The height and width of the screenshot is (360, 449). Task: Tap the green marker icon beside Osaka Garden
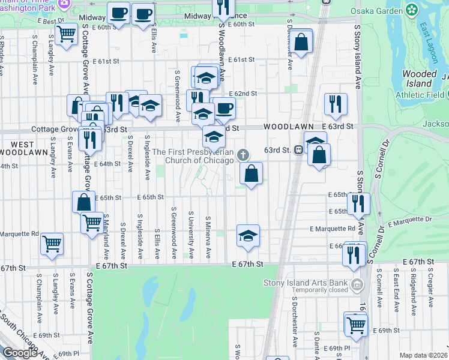(412, 10)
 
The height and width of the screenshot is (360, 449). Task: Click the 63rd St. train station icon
(298, 151)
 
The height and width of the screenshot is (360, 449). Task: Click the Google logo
(20, 352)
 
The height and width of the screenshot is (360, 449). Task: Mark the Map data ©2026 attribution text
(424, 355)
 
